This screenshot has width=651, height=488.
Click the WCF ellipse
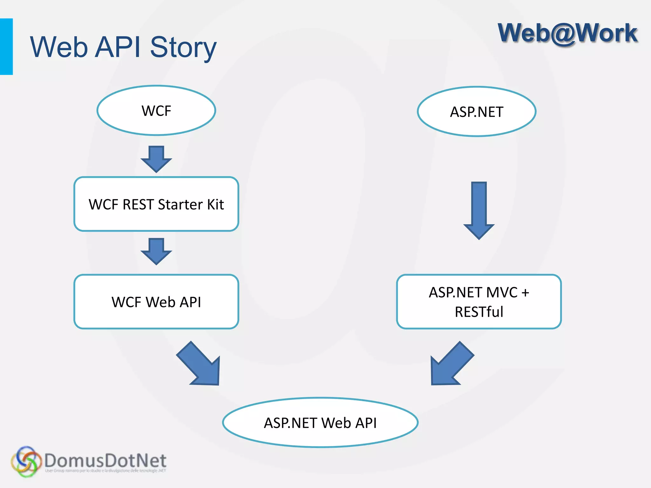[x=156, y=111]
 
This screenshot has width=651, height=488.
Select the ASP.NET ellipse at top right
[x=476, y=112]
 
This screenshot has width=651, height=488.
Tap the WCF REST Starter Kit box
[x=156, y=204]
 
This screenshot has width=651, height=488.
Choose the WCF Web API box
[x=156, y=302]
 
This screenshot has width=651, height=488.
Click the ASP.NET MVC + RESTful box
[x=479, y=302]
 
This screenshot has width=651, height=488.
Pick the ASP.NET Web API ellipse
[x=320, y=423]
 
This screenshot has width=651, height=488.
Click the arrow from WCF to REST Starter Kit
[x=156, y=159]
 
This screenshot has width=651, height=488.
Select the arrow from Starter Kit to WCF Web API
[x=156, y=251]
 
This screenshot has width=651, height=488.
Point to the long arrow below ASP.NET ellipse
[x=479, y=210]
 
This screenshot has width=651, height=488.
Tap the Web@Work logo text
[x=567, y=33]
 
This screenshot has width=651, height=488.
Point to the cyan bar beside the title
[x=6, y=47]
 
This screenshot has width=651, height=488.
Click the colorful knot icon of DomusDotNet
[x=26, y=461]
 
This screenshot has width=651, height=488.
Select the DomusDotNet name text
[x=105, y=460]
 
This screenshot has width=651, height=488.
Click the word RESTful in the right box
[x=479, y=312]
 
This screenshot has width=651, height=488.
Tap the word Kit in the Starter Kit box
[x=216, y=204]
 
